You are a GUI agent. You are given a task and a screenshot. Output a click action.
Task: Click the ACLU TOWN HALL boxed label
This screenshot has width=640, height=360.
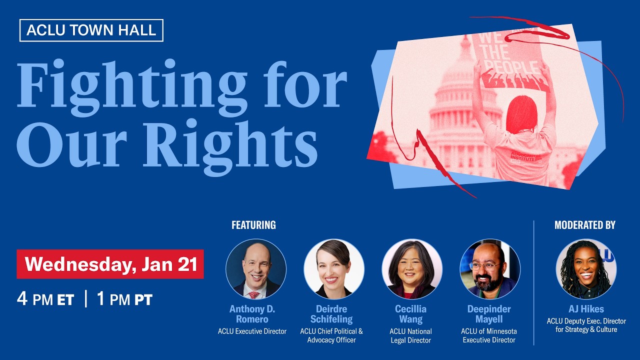(91, 30)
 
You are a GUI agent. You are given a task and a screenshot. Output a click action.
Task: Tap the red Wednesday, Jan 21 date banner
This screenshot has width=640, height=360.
(110, 264)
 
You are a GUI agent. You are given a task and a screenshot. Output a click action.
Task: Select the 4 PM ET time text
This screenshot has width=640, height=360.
(45, 299)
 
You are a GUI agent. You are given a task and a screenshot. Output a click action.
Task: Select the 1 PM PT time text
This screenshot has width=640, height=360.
(124, 299)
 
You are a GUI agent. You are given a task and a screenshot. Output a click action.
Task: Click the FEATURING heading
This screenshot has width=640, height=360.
(253, 225)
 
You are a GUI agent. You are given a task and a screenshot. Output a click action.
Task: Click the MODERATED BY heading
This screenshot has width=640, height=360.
(584, 225)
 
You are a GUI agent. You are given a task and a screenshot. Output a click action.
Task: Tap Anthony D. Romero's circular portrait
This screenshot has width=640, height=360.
(256, 269)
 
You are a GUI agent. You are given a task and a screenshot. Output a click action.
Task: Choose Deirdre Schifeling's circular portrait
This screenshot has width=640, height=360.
(334, 269)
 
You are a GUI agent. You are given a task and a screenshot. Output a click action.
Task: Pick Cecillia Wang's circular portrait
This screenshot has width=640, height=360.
(412, 269)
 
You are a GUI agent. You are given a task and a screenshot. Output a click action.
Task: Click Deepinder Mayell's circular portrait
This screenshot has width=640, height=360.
(490, 269)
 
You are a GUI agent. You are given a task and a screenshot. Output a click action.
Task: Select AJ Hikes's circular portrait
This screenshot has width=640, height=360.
(586, 269)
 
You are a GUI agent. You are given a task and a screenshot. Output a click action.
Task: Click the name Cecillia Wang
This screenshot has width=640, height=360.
(411, 314)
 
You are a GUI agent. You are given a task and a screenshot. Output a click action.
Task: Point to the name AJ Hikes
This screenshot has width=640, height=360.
(586, 309)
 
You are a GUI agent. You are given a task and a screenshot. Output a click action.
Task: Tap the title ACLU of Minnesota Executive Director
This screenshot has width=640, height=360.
(489, 335)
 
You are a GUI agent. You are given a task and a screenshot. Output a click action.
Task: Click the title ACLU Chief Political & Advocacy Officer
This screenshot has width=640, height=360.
(331, 335)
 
